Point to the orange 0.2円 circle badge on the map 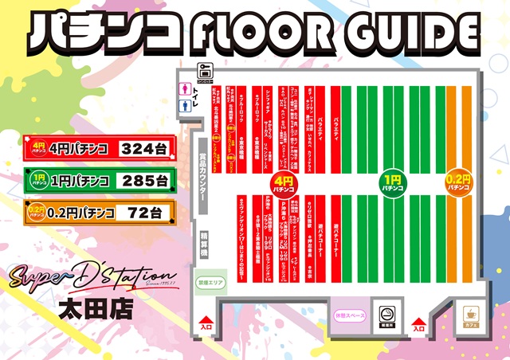(x=457, y=186)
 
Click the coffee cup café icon (x=469, y=316)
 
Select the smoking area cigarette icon (x=390, y=315)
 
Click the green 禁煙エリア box (x=211, y=280)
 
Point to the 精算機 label (x=204, y=241)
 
